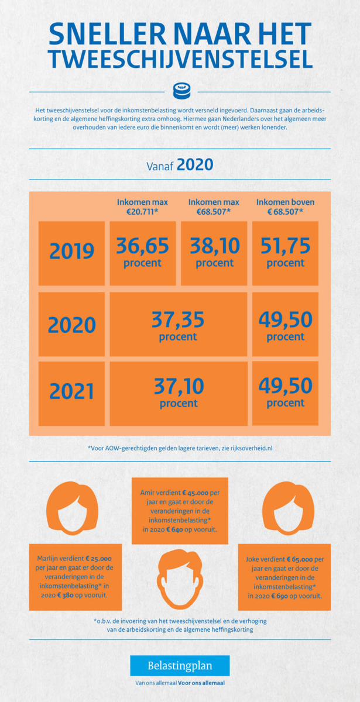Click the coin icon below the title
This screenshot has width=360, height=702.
tap(180, 91)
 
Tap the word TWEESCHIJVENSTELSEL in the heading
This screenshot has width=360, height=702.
tap(180, 59)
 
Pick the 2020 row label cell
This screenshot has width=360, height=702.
tap(71, 324)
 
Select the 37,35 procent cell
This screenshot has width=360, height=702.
tap(178, 324)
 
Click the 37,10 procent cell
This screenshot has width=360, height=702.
tap(178, 393)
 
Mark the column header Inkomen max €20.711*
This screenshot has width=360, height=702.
tap(142, 207)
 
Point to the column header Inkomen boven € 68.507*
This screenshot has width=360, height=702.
tap(285, 207)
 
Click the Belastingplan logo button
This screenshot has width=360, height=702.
tap(180, 666)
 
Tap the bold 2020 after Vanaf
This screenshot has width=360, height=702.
tap(195, 164)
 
